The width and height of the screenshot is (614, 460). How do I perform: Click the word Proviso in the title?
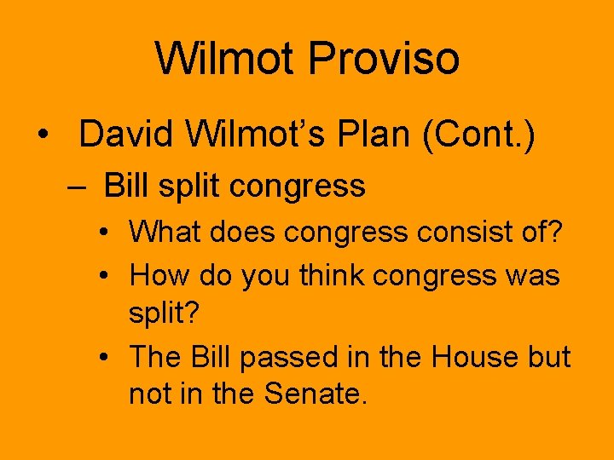click(x=384, y=59)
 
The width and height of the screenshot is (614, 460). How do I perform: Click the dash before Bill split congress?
click(x=78, y=186)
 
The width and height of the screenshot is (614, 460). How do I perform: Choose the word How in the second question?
click(x=159, y=275)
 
